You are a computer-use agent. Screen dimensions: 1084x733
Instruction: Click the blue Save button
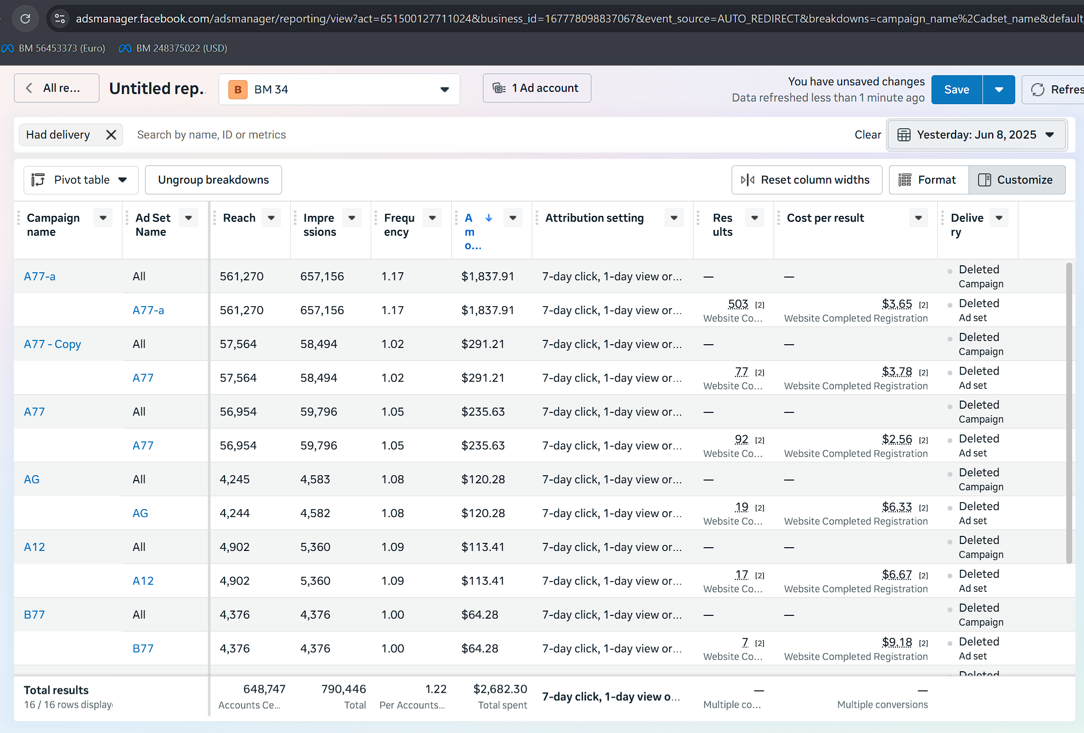click(957, 89)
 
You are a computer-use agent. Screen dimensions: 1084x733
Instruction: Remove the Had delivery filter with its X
click(111, 135)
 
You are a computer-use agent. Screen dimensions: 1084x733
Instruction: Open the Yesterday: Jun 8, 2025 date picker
click(976, 135)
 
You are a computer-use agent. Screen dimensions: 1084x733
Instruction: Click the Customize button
click(1017, 180)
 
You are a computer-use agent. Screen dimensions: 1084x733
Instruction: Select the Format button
click(929, 180)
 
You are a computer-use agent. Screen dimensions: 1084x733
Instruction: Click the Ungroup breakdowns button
click(213, 180)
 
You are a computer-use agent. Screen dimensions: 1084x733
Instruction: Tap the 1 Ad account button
click(537, 88)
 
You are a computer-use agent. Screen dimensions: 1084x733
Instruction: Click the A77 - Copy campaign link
click(53, 344)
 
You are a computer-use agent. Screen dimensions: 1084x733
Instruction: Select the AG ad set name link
click(140, 513)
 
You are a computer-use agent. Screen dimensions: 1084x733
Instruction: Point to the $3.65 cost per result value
click(897, 304)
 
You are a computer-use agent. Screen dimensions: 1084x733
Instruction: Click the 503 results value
click(738, 304)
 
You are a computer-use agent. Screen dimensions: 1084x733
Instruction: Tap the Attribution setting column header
click(594, 218)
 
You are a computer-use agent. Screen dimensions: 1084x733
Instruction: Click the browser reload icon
click(25, 19)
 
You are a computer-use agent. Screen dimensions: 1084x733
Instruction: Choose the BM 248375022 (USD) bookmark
click(174, 48)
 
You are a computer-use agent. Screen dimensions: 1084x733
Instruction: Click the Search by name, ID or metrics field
click(211, 135)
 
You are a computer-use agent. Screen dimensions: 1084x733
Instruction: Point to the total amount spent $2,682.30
click(500, 689)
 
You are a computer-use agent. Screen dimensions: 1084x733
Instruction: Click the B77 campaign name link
click(34, 614)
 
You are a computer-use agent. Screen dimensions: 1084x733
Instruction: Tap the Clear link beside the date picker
click(868, 135)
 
